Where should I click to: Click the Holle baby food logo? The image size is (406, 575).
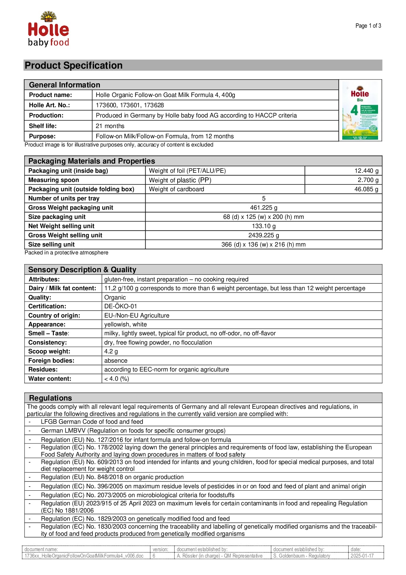pos(48,29)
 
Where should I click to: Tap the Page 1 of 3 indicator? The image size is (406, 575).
pos(368,26)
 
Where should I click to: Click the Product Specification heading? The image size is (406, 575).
pos(74,65)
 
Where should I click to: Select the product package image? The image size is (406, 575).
pos(360,110)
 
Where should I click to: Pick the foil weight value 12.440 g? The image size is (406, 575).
pos(366,171)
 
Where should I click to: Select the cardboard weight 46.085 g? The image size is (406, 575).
pos(366,189)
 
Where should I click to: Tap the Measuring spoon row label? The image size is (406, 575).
pos(54,180)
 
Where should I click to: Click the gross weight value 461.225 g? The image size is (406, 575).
pos(264,208)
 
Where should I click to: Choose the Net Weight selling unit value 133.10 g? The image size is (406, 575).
pos(264,226)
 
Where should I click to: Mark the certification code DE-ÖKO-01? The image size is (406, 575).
pos(120,306)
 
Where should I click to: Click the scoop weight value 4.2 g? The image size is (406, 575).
pos(111,351)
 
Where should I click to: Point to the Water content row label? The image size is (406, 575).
pos(50,379)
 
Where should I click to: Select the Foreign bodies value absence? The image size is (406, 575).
pos(116,361)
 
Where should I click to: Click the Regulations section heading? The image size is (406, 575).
pos(50,398)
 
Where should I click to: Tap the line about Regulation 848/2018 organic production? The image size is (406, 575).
pos(112,477)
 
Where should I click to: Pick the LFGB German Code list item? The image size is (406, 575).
pos(92,422)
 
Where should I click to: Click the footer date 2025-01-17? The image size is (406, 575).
pos(362,556)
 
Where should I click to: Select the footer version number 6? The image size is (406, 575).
pos(154,556)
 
